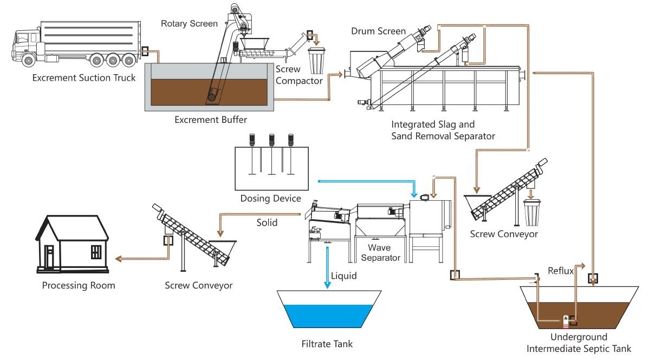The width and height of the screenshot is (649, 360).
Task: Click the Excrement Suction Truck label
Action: (x=83, y=78)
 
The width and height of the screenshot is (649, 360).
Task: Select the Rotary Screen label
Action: (x=189, y=23)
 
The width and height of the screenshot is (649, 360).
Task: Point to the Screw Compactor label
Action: (x=298, y=75)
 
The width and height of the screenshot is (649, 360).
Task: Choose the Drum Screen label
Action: (x=378, y=31)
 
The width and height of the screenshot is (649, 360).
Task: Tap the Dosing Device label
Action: (x=270, y=198)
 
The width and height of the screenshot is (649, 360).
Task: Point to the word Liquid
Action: (x=344, y=276)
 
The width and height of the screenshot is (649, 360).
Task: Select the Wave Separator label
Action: (x=379, y=252)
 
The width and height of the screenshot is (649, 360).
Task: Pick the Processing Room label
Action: (x=79, y=285)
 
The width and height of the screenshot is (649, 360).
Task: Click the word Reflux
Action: (x=560, y=271)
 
